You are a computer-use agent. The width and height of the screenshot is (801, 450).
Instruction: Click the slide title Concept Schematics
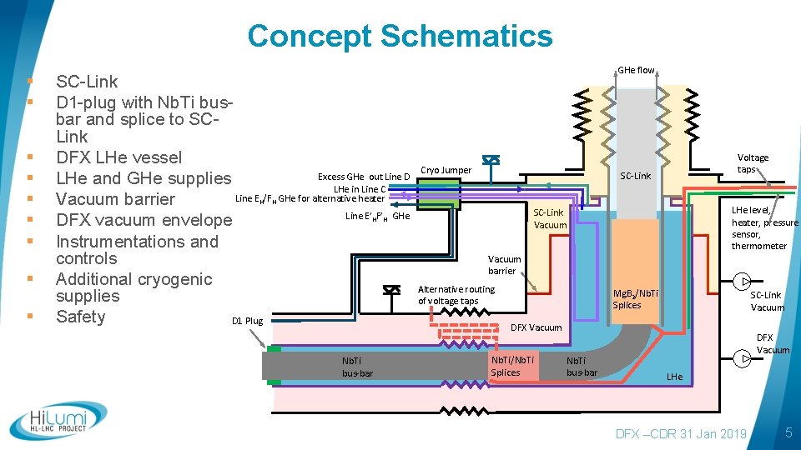[400, 36]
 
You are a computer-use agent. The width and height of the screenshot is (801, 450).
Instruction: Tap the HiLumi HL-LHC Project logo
[58, 421]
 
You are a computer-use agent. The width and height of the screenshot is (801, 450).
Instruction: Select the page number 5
[788, 433]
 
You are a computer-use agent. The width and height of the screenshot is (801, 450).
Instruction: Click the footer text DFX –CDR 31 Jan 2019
[680, 433]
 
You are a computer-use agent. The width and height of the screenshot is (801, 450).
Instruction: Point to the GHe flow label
[636, 70]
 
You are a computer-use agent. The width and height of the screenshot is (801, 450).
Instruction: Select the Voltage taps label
[753, 163]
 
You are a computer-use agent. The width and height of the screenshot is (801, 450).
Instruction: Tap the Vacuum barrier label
[504, 265]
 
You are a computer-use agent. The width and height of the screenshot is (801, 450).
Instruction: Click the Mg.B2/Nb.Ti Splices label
[635, 299]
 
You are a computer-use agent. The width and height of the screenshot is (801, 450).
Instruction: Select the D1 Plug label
[247, 321]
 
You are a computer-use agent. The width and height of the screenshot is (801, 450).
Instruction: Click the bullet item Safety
[80, 317]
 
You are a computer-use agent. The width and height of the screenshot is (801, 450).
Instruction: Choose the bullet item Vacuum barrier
[115, 199]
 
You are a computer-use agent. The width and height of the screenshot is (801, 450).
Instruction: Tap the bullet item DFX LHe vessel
[118, 157]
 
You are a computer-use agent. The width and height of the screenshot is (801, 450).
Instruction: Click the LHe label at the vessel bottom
[674, 377]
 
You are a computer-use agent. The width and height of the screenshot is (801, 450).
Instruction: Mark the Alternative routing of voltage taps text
[456, 295]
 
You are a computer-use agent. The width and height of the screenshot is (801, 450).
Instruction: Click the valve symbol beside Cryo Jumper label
[491, 161]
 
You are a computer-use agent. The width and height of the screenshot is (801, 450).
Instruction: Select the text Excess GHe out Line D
[364, 177]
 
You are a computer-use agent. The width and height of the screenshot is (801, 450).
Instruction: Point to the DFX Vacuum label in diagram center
[536, 327]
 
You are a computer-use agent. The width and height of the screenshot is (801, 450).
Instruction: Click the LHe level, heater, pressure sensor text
[764, 228]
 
